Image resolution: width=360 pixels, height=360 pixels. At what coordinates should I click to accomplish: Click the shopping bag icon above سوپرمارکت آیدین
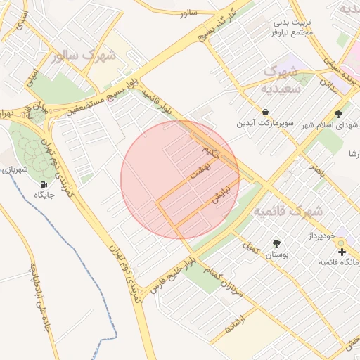[x=265, y=112]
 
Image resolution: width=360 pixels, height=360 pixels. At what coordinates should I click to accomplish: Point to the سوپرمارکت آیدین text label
[x=264, y=124]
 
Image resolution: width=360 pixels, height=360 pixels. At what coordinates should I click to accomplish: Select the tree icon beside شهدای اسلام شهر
[x=338, y=112]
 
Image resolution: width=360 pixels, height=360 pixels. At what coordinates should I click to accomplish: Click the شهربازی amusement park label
[x=13, y=169]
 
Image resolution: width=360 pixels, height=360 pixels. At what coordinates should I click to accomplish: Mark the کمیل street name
[x=251, y=247]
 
